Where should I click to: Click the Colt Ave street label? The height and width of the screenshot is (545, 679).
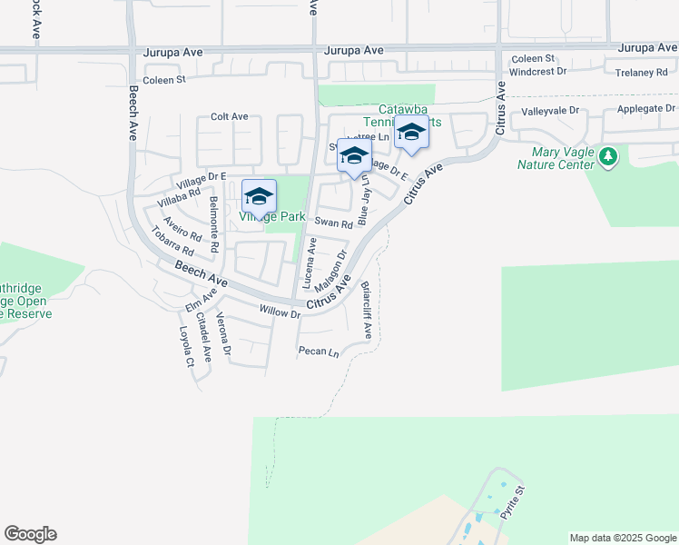pyautogui.click(x=229, y=117)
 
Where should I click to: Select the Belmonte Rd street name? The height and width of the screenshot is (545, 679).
pyautogui.click(x=214, y=223)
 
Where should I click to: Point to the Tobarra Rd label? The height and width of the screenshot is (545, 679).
pyautogui.click(x=172, y=241)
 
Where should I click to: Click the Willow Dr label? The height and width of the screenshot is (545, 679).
pyautogui.click(x=280, y=312)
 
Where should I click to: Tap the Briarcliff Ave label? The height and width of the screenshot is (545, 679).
pyautogui.click(x=367, y=310)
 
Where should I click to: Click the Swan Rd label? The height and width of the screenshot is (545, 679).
pyautogui.click(x=333, y=223)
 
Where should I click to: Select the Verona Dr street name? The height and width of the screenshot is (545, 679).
pyautogui.click(x=222, y=334)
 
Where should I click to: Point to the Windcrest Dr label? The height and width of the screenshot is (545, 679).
pyautogui.click(x=537, y=71)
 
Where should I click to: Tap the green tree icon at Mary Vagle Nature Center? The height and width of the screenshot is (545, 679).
pyautogui.click(x=608, y=157)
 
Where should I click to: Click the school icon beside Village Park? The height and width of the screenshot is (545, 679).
pyautogui.click(x=259, y=196)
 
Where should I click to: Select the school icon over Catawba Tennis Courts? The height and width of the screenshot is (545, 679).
pyautogui.click(x=411, y=133)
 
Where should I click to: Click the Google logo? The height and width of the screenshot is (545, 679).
pyautogui.click(x=30, y=534)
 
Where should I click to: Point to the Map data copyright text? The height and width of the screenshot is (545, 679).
pyautogui.click(x=622, y=538)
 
